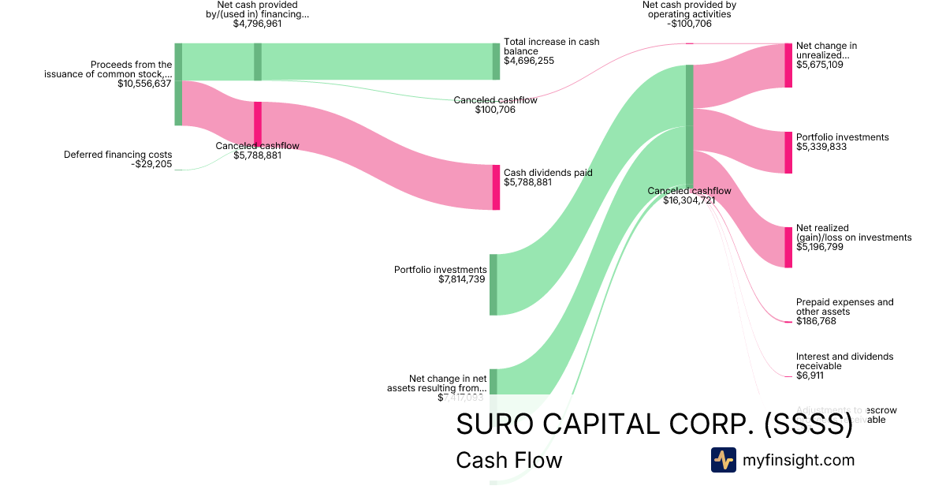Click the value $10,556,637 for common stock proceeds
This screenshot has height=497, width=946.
coord(144,84)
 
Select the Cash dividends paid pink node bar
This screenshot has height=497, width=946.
coord(496,187)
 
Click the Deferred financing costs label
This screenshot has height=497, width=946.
coord(117,155)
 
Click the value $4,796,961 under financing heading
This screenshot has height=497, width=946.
coord(257,24)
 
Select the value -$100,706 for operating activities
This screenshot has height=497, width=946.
coord(689,24)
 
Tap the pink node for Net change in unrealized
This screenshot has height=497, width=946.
coord(788,65)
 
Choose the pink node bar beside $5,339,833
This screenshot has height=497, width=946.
coord(788,152)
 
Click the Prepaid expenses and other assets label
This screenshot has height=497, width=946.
coord(844,307)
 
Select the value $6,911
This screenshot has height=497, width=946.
coord(810,376)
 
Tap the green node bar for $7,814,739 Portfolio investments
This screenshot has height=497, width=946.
coord(493,285)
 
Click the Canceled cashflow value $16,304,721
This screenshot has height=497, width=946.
coord(689,200)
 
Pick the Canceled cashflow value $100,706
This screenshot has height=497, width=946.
coord(495,110)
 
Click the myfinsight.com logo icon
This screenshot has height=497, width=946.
coord(723,460)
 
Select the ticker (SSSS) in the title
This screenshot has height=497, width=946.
coord(809,424)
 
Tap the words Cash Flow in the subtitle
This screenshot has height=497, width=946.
coord(509,460)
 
